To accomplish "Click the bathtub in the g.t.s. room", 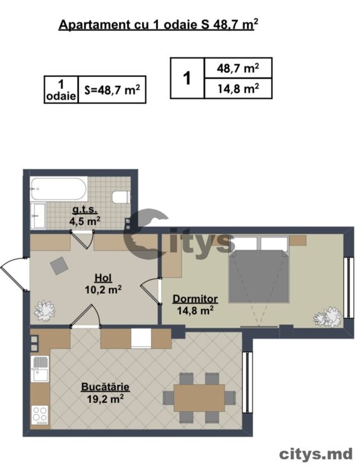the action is coord(59,189).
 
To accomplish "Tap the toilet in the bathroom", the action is coord(121,197).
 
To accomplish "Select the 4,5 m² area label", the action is coord(85,221).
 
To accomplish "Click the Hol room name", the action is coord(103,278).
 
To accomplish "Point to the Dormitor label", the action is coord(195,298).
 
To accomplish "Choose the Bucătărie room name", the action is coord(105,387).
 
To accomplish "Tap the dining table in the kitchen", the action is coord(199,398).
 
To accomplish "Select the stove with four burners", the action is coord(40,415).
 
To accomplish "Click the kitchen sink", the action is coord(39,368).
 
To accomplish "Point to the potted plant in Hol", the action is coord(44,311).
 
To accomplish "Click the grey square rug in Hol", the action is coord(59,266).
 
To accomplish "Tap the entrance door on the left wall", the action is coord(14,273).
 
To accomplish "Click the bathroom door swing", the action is coord(83,239).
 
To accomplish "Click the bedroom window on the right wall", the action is coord(347,288).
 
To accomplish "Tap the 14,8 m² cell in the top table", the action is coord(238,88).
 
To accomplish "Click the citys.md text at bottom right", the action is coord(316,455).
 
